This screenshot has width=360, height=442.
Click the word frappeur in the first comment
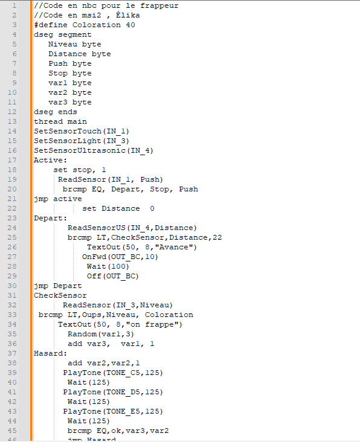coord(159,6)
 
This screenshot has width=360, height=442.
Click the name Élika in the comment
coord(127,15)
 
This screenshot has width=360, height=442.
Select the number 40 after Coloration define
coord(130,25)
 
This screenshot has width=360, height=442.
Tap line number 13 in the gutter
coord(12,121)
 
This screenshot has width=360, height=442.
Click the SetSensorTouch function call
coord(82,132)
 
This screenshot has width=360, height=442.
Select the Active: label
coord(51,160)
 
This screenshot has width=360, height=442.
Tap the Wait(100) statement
coord(108,266)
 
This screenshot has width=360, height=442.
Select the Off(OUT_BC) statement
coord(113,277)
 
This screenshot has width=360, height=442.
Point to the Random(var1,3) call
coord(101,334)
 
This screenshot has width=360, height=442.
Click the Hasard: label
coord(51,353)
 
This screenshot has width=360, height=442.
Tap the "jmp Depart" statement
coord(58,286)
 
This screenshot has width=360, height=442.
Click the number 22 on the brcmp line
coord(217,237)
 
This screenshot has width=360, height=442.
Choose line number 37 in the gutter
coord(12,353)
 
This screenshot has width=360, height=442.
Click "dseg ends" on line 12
coord(55,112)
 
